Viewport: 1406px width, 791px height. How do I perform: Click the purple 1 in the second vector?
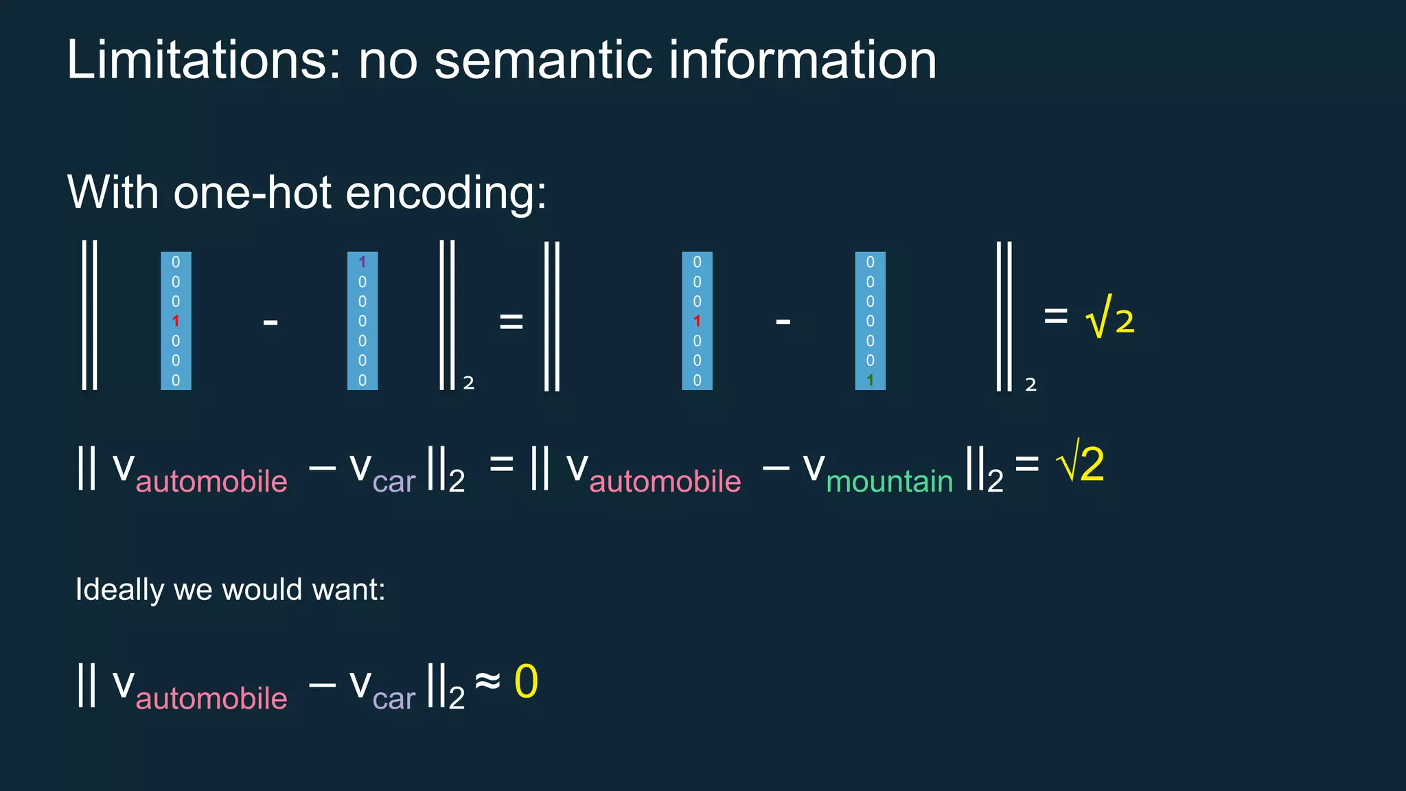pos(362,262)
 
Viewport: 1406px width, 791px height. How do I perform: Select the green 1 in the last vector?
pos(870,380)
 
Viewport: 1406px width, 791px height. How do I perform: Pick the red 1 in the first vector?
pos(176,321)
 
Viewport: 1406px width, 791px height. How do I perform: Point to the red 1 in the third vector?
pos(697,321)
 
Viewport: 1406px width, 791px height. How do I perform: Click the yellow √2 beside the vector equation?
pos(1110,319)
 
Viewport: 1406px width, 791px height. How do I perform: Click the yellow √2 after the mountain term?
pos(1082,464)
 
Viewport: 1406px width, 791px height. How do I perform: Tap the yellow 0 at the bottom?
pos(526,682)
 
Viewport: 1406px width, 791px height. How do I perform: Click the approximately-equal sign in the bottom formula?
pos(487,681)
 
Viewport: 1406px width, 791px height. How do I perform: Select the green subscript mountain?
pos(889,481)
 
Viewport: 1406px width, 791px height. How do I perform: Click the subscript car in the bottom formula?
pos(394,698)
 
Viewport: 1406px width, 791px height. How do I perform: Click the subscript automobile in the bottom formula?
pos(211,698)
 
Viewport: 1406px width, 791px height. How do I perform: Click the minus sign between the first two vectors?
pos(270,321)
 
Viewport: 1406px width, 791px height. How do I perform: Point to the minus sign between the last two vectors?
pos(783,321)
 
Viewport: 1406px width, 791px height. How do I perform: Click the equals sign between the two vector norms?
pos(511,321)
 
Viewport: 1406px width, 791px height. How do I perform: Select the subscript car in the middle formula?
pos(394,481)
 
